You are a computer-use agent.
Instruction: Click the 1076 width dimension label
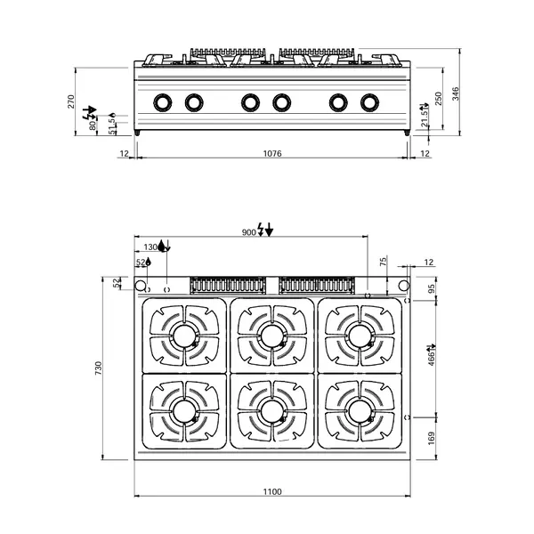[x=272, y=154]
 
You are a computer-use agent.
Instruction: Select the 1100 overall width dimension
[x=272, y=491]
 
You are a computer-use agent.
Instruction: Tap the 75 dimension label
[x=383, y=262]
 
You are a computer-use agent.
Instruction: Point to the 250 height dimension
[x=437, y=97]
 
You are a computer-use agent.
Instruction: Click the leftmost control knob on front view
[x=162, y=102]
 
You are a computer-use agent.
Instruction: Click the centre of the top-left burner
[x=185, y=336]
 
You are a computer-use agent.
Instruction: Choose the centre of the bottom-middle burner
[x=271, y=410]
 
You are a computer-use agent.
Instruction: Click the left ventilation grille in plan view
[x=228, y=285]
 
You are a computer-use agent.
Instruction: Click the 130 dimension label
[x=150, y=247]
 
